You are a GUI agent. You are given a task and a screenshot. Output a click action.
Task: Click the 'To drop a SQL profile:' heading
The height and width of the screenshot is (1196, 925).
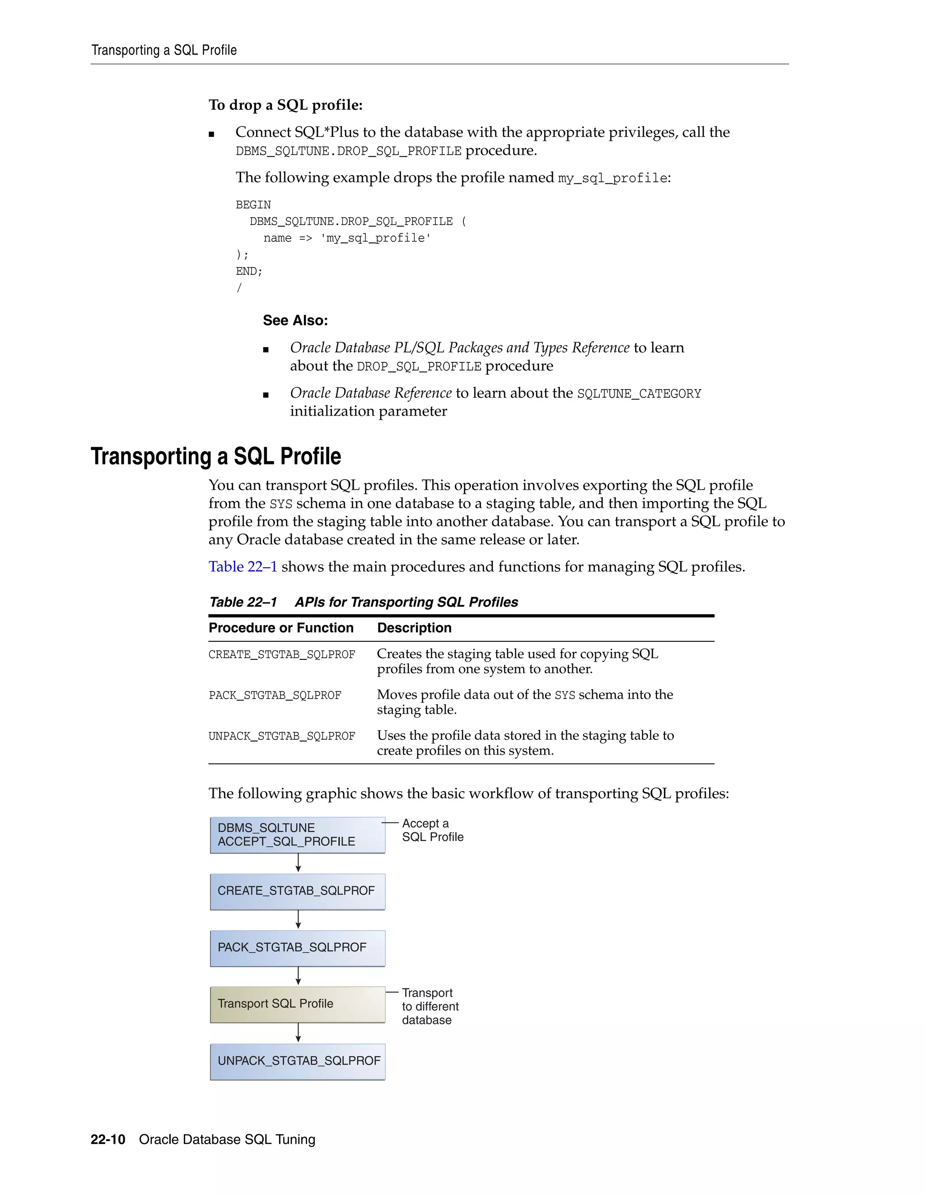(x=285, y=105)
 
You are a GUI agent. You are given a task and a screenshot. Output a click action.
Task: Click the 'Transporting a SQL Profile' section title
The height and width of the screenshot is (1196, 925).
(x=216, y=456)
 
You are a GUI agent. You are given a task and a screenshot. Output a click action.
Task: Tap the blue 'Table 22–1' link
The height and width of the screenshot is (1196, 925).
(x=243, y=567)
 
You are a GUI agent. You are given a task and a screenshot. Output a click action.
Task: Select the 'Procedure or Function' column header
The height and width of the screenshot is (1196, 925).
(x=281, y=628)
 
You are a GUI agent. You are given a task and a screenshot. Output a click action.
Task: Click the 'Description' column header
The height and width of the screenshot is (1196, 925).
(x=414, y=628)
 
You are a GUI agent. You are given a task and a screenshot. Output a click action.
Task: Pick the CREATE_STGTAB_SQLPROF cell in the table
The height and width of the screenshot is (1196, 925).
(x=282, y=655)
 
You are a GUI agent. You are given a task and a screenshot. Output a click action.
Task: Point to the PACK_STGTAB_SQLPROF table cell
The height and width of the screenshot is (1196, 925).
(x=275, y=695)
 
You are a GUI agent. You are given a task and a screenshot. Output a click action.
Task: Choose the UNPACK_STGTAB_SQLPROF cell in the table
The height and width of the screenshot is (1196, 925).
(x=282, y=737)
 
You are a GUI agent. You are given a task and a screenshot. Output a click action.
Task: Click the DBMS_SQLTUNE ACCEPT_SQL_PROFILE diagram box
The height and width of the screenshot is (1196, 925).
(x=298, y=835)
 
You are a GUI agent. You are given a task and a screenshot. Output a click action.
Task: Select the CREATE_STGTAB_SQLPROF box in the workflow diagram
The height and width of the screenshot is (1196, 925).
(x=298, y=891)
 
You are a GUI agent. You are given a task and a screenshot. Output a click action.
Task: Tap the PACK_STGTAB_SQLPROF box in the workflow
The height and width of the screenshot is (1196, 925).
(x=298, y=948)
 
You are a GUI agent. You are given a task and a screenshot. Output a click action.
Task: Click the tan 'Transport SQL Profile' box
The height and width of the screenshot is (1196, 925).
(x=298, y=1004)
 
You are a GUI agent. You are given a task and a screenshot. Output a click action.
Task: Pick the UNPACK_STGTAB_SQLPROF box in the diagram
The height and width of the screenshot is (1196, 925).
(x=298, y=1062)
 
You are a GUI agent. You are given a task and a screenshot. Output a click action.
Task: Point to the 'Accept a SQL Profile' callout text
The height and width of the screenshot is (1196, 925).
(x=432, y=830)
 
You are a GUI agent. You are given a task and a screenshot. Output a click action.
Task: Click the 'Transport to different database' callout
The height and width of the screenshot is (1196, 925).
(x=430, y=1006)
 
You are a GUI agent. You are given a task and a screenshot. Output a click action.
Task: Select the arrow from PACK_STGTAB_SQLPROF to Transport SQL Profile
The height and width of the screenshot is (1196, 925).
(x=298, y=976)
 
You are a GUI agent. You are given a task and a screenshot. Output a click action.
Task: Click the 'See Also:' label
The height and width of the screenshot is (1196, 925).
(x=295, y=320)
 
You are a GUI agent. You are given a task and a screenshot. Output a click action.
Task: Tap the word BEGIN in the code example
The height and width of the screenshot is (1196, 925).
(x=253, y=205)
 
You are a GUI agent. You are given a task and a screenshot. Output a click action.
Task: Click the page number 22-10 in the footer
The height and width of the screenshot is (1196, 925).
(x=108, y=1140)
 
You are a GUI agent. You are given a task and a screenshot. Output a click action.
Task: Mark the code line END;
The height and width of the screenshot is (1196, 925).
(x=249, y=272)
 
